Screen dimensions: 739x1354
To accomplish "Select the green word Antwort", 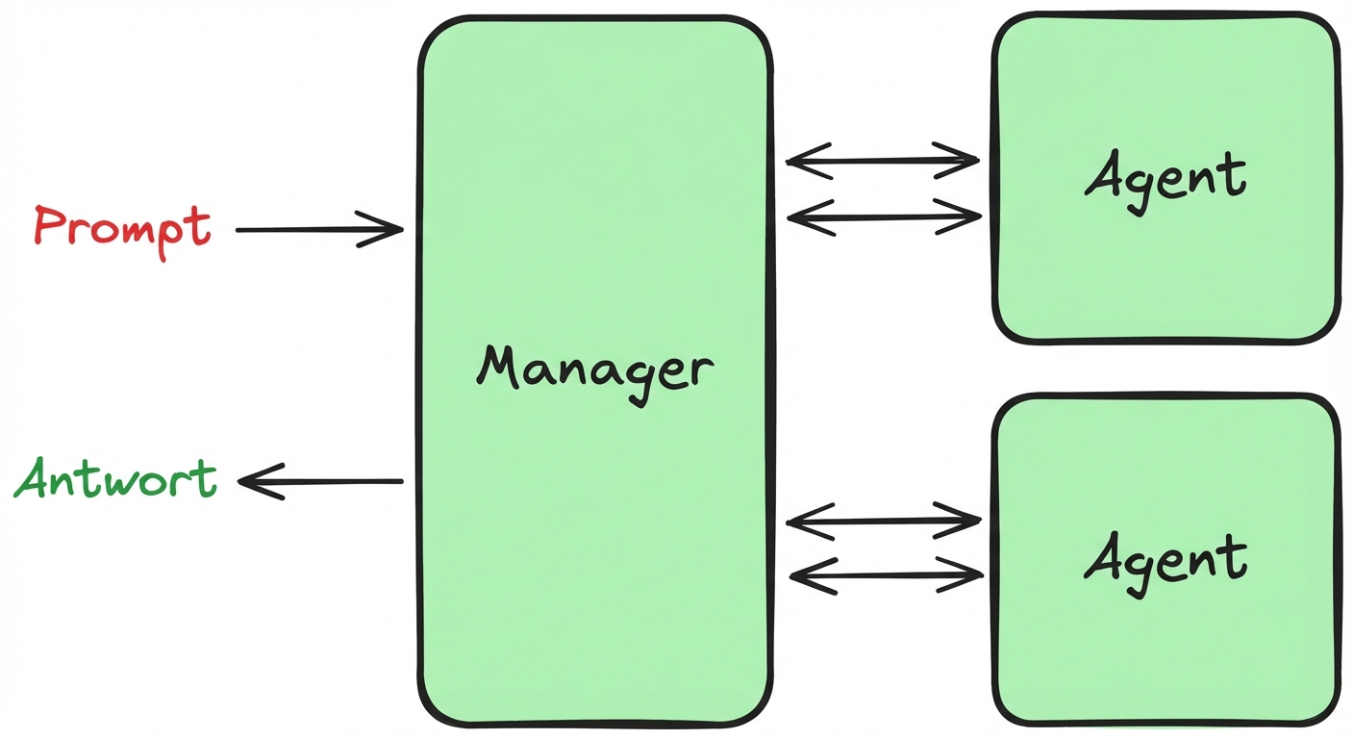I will [115, 478].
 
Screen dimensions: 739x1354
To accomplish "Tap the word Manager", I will [595, 370].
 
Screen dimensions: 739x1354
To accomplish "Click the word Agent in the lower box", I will [1166, 558].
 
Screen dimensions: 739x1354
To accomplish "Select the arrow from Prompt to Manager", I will [317, 229].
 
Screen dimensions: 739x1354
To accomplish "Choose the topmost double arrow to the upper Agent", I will [883, 161].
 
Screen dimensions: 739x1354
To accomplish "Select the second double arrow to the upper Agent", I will [883, 218].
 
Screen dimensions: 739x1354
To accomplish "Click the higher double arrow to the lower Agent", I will [883, 522].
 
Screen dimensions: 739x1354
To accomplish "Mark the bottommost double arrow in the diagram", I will [885, 576].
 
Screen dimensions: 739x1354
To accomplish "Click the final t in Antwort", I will [205, 477].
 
